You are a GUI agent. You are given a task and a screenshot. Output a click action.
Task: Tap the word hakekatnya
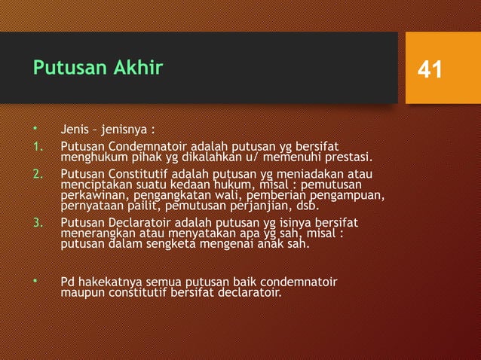point(109,282)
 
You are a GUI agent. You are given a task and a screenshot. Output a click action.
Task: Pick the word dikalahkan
point(187,157)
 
